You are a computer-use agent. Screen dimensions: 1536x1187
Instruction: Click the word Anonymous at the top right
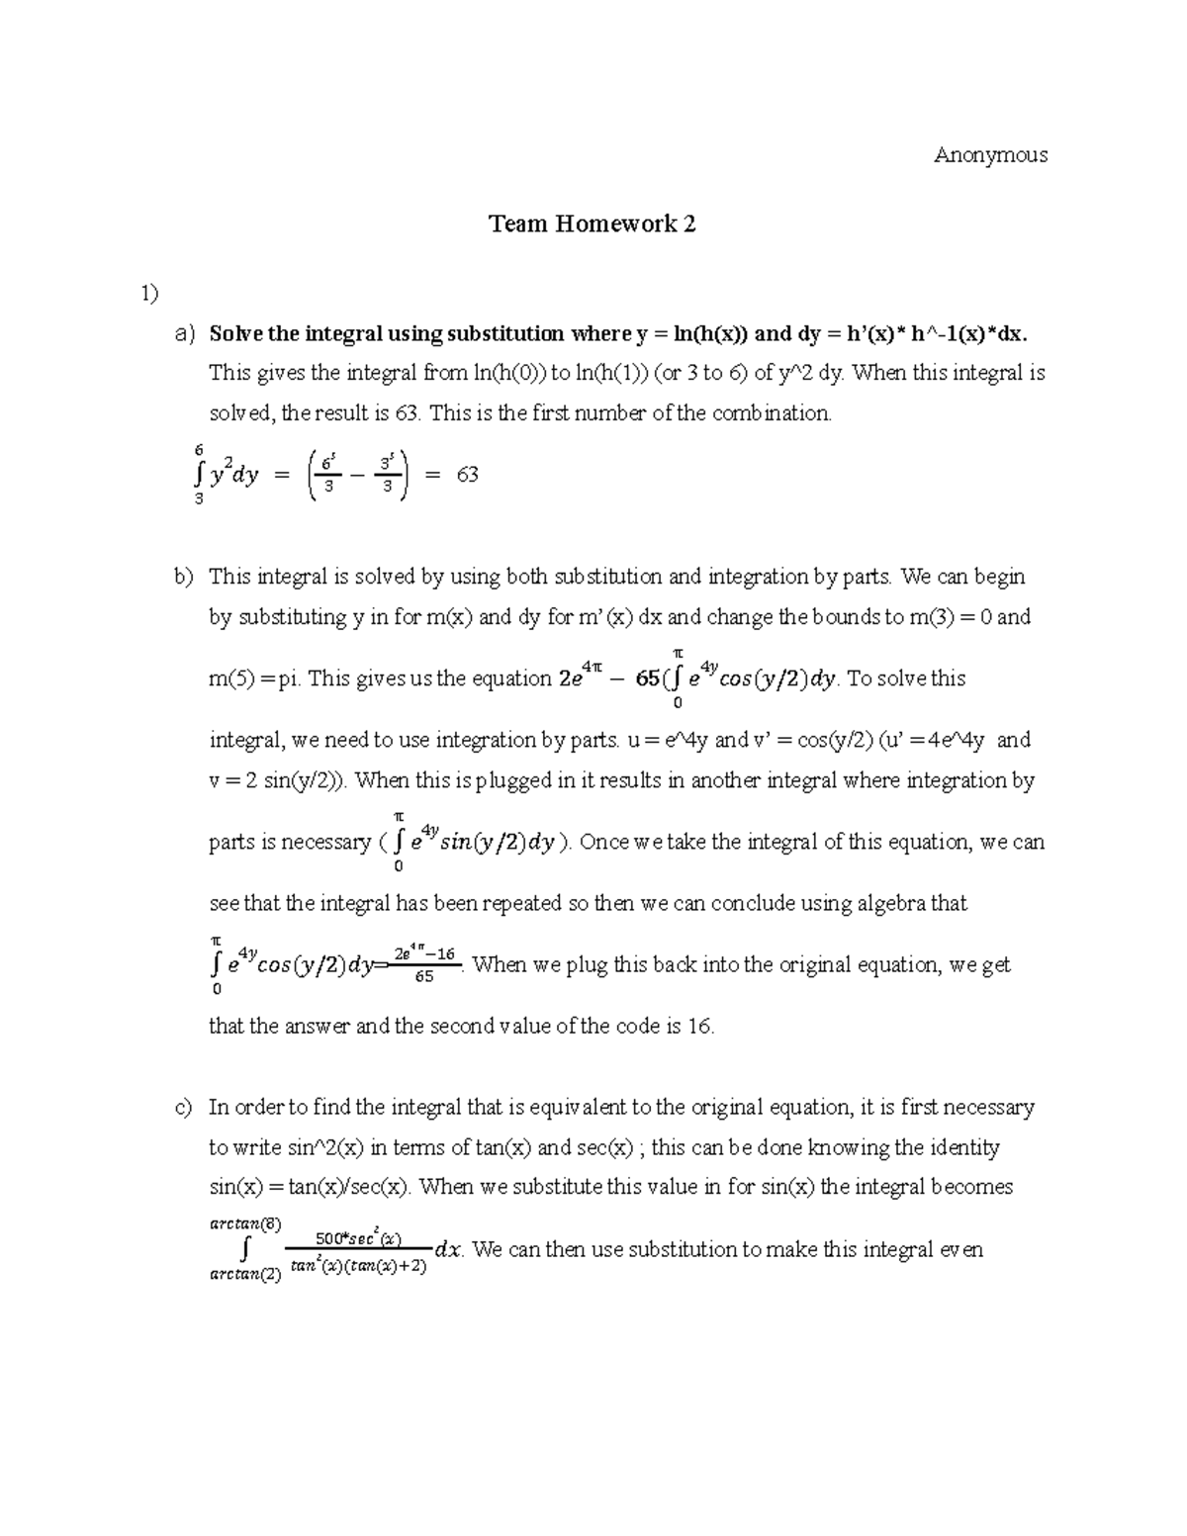990,155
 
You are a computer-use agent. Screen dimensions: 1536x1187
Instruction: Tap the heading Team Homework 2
593,225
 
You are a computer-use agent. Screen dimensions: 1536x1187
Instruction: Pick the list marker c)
185,1108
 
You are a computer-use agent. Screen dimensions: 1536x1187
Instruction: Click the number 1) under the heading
148,294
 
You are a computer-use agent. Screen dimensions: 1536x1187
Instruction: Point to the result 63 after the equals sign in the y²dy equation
467,475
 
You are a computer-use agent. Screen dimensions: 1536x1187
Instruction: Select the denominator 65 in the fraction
423,976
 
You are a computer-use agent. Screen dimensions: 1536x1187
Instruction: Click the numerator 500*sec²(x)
357,1237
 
